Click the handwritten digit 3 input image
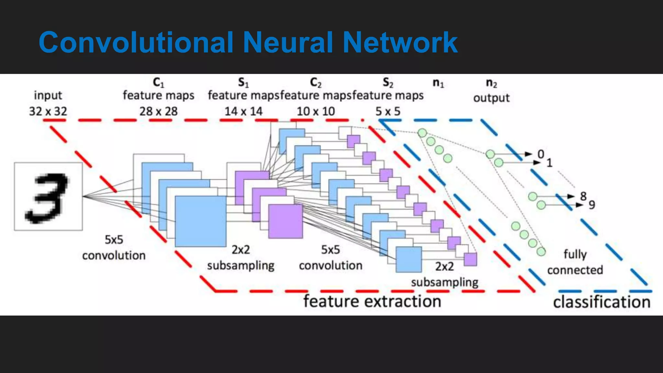[x=48, y=197]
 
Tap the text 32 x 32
[x=48, y=111]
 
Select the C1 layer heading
[x=158, y=83]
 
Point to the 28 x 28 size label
[x=158, y=111]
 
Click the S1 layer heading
[x=243, y=83]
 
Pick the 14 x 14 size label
[x=243, y=111]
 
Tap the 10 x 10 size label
[x=316, y=111]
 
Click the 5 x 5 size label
[x=388, y=111]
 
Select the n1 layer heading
[x=438, y=83]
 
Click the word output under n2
[x=491, y=98]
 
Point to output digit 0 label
[x=541, y=154]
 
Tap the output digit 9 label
[x=591, y=205]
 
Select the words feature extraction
[x=372, y=301]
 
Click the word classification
[x=601, y=302]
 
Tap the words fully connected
[x=575, y=262]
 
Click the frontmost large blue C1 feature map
[x=200, y=221]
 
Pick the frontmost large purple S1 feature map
[x=286, y=221]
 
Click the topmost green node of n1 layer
[x=422, y=133]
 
